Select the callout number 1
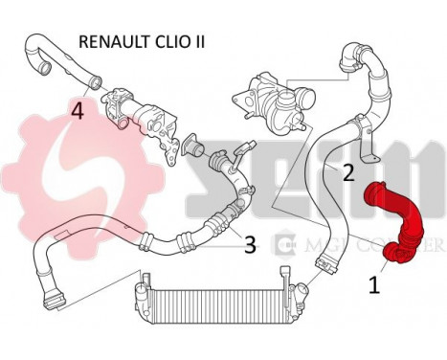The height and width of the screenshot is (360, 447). pos(374,283)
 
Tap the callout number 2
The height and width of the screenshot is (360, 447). pos(347,172)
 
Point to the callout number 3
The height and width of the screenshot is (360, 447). pos(249,244)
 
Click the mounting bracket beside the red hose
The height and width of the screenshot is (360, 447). pos(365,144)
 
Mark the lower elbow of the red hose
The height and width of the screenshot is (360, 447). pos(395,252)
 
